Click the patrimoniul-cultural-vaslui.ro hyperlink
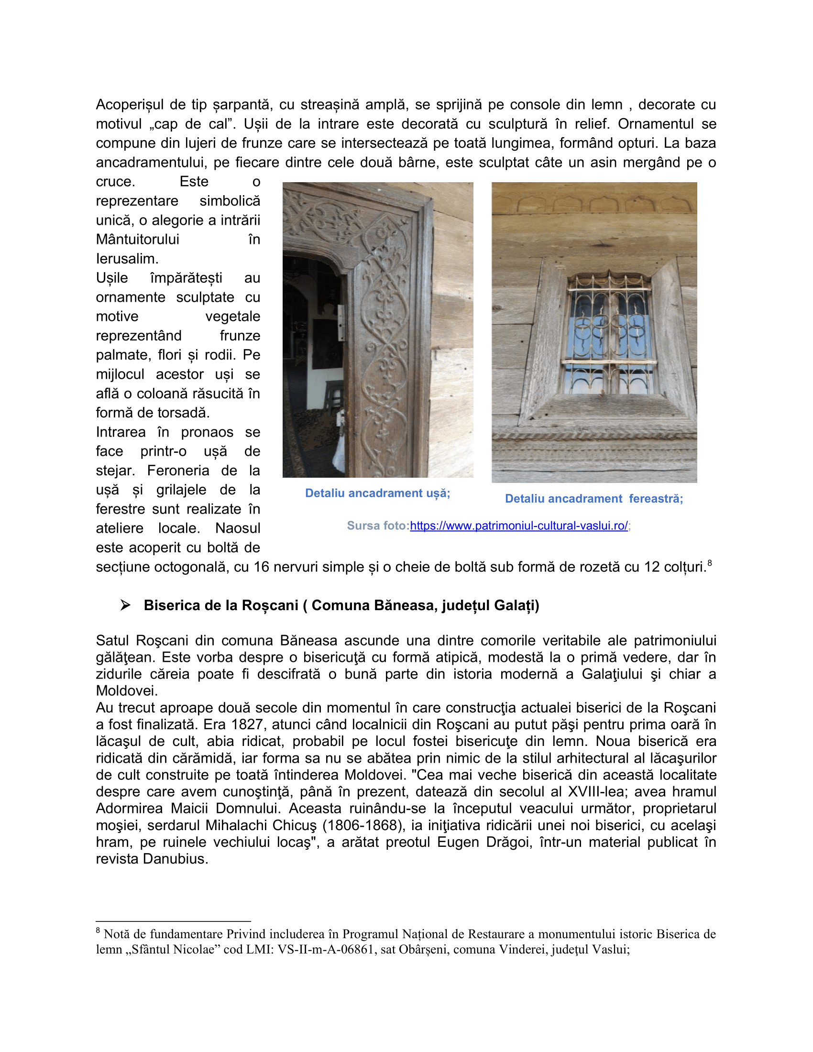[x=519, y=526]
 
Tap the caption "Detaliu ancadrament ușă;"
[x=378, y=493]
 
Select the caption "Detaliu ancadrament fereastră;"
[x=594, y=499]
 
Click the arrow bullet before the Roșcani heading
[x=125, y=605]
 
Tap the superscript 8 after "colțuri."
[x=709, y=563]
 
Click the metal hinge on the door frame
[x=342, y=323]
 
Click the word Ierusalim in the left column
[x=127, y=259]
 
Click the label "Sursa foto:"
[x=378, y=526]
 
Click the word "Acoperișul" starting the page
[x=130, y=105]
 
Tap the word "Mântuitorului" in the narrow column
[x=138, y=240]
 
